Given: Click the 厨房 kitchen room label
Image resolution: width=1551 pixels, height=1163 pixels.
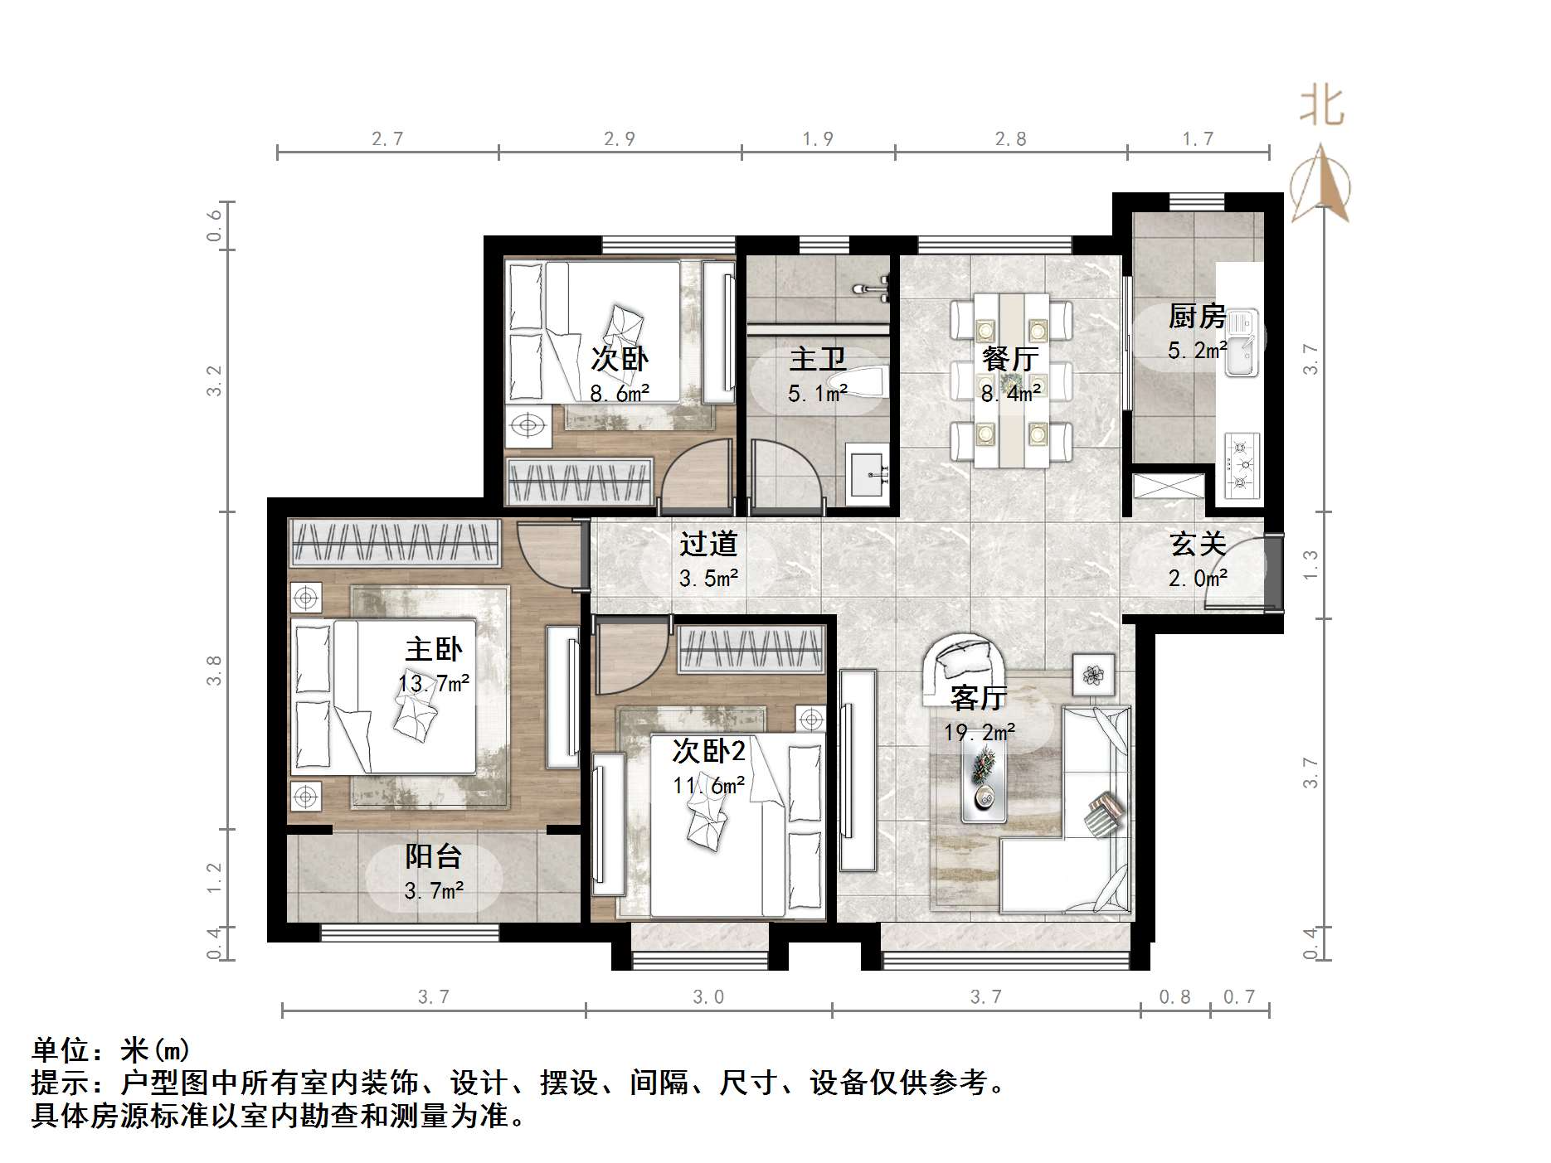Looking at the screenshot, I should tap(1196, 316).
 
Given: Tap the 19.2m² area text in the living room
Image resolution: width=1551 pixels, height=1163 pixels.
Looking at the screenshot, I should tap(979, 733).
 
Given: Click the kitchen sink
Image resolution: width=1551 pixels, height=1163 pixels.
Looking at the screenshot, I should tap(1241, 342).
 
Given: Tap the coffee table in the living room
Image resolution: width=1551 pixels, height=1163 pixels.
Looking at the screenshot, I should tap(985, 779).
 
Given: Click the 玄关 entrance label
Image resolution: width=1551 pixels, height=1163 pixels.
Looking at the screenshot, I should tap(1197, 544).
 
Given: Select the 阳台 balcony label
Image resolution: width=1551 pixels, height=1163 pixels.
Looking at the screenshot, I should tap(433, 856).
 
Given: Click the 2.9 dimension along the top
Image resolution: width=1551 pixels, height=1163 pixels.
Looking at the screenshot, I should tap(620, 138).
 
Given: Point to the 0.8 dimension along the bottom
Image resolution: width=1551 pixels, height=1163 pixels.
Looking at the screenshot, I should tap(1174, 996).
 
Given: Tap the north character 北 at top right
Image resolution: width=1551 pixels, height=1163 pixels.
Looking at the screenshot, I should tap(1321, 107).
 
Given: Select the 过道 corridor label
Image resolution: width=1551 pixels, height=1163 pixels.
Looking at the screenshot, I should tap(707, 544).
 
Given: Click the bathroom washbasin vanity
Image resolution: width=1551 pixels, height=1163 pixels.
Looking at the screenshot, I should tap(868, 474).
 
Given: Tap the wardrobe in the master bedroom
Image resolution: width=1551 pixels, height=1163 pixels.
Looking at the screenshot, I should tap(395, 543).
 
